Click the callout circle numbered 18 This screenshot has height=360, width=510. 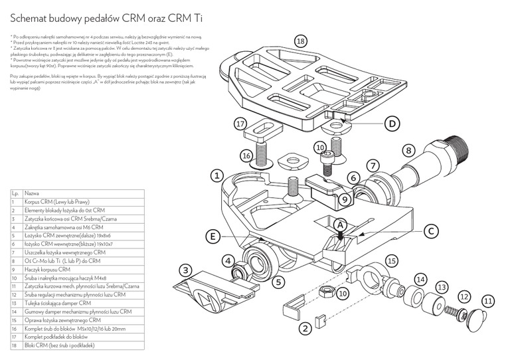click(301, 41)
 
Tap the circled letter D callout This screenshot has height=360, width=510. click(392, 124)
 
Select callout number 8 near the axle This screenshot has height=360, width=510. click(408, 151)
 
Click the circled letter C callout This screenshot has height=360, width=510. click(430, 231)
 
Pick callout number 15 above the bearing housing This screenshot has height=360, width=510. click(392, 262)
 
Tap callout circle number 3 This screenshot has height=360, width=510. click(187, 270)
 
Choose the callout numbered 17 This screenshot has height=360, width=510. click(241, 124)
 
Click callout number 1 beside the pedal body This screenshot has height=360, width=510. click(216, 176)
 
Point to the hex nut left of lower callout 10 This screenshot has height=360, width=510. click(318, 291)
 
